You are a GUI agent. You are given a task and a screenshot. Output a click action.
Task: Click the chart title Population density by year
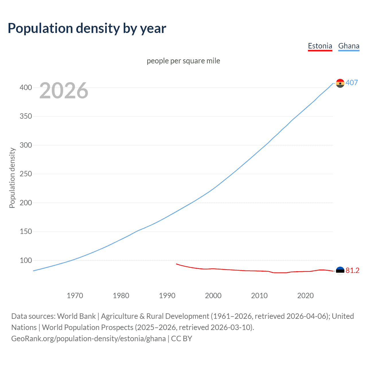point(87,28)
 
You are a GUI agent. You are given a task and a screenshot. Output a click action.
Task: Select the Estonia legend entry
point(320,46)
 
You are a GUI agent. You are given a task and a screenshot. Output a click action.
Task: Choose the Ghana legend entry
point(349,46)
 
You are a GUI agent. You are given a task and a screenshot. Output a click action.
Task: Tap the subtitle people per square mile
point(183,61)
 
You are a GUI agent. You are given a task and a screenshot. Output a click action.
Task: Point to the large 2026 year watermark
point(64,91)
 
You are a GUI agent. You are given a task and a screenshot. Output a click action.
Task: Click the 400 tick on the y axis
point(26,87)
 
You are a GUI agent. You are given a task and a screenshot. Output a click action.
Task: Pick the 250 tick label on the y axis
point(26,174)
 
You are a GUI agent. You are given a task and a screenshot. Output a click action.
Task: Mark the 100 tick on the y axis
point(26,261)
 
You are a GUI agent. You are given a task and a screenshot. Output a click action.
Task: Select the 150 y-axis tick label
point(26,232)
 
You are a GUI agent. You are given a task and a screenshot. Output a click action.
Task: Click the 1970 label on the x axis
point(75,296)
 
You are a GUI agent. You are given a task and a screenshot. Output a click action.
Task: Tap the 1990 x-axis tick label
point(167,296)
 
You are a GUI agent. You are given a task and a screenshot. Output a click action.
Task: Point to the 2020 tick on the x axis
point(305,296)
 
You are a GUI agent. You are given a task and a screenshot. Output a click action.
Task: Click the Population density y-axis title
point(12,178)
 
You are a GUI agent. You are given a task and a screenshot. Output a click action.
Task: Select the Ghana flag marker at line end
point(340,83)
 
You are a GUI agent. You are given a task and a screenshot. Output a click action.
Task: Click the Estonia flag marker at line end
point(340,271)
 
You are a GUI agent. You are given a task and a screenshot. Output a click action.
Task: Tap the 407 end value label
point(352,83)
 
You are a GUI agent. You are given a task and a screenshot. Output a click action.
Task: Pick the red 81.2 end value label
point(352,271)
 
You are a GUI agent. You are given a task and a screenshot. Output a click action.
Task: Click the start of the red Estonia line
point(176,264)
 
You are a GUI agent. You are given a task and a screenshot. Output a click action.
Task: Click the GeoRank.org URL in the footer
point(88,339)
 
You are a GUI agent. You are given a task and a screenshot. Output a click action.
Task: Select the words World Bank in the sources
point(76,316)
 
